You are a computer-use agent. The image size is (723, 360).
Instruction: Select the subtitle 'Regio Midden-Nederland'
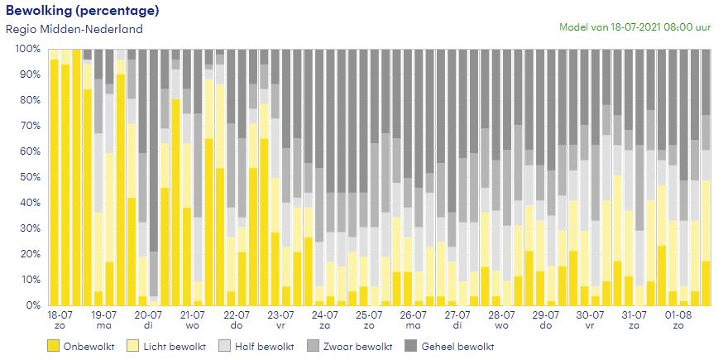tap(74, 29)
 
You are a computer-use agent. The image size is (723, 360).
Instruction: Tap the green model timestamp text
tap(634, 26)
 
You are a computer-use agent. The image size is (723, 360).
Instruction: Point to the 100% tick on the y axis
tap(27, 49)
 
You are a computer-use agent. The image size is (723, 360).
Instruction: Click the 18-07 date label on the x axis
tap(60, 315)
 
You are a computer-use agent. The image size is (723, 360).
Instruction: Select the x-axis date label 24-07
tap(324, 315)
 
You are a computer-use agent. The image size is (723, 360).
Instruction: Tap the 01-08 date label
tap(678, 315)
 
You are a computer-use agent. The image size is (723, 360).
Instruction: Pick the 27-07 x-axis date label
tap(457, 315)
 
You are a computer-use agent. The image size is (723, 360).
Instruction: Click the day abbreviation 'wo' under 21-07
tap(192, 326)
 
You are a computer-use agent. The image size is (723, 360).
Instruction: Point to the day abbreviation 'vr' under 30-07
tap(589, 326)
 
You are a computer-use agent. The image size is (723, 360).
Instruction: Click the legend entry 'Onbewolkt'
tap(84, 346)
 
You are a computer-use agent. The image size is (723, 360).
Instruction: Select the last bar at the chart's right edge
tap(706, 177)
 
